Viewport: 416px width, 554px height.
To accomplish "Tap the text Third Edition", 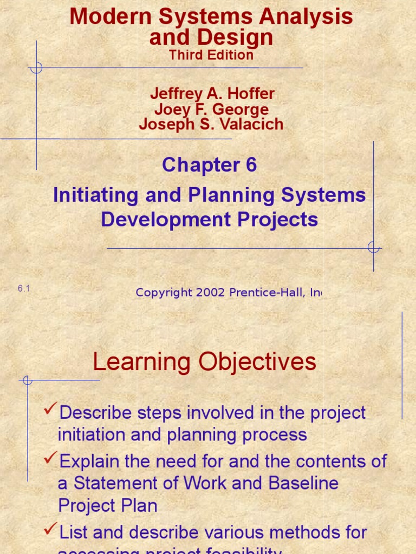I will (x=211, y=55).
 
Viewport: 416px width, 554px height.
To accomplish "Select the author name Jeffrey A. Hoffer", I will (x=212, y=94).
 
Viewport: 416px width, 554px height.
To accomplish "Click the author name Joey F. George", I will (x=211, y=109).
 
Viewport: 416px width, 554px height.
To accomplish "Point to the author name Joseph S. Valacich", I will (x=211, y=124).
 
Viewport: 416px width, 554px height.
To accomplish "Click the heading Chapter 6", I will (x=209, y=166).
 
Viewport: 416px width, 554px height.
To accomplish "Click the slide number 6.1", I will (x=23, y=289).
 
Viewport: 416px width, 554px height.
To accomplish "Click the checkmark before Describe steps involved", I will (x=50, y=411).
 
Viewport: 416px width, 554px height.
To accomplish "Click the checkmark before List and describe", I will (x=50, y=531).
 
